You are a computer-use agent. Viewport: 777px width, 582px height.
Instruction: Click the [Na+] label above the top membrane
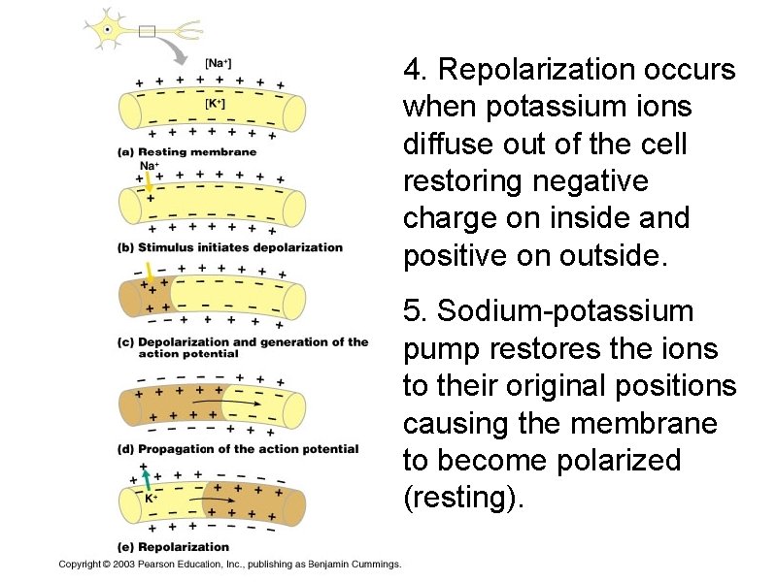(218, 64)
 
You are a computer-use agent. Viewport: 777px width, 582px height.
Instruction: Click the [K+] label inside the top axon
(215, 102)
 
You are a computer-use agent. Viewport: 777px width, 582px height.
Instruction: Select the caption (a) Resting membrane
(187, 151)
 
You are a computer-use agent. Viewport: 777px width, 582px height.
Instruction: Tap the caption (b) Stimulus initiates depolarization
(230, 247)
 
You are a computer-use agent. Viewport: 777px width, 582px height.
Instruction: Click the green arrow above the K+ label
(146, 479)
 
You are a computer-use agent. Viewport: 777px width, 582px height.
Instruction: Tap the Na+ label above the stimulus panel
(149, 166)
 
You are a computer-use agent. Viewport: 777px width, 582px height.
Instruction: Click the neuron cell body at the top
(106, 29)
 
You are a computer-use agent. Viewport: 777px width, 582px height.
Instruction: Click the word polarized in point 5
(619, 460)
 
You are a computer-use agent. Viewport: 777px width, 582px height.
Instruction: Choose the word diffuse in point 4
(442, 145)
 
